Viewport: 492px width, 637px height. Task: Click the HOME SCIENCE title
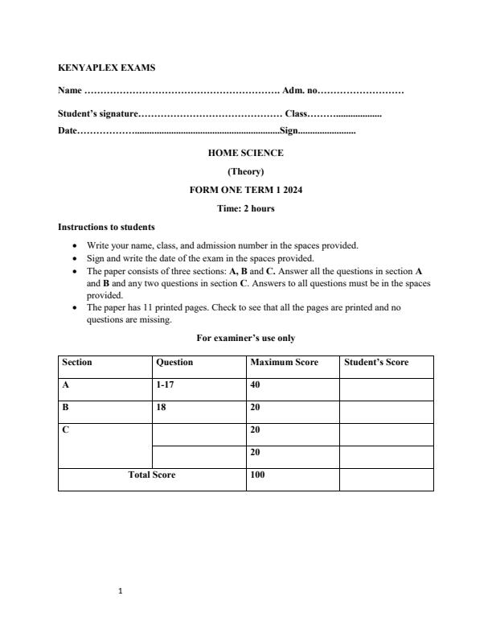click(245, 153)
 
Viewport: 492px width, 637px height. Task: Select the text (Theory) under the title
click(245, 171)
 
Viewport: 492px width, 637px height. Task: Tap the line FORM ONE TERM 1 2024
click(245, 190)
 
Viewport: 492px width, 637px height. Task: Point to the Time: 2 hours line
click(245, 208)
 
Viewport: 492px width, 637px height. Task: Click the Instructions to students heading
click(107, 227)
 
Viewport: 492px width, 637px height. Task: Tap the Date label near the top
click(68, 130)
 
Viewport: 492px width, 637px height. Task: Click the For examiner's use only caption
click(245, 339)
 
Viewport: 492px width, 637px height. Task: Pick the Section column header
click(77, 363)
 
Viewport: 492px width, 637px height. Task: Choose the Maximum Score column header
click(284, 363)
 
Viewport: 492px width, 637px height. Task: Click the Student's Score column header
click(376, 363)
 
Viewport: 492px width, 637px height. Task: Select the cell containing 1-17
click(165, 385)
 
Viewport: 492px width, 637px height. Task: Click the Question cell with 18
click(161, 408)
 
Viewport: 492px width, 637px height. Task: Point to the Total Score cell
click(152, 475)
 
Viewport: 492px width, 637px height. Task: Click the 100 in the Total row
click(257, 475)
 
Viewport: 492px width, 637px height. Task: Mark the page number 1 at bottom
click(120, 592)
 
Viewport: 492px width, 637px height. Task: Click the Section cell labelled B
click(65, 408)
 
